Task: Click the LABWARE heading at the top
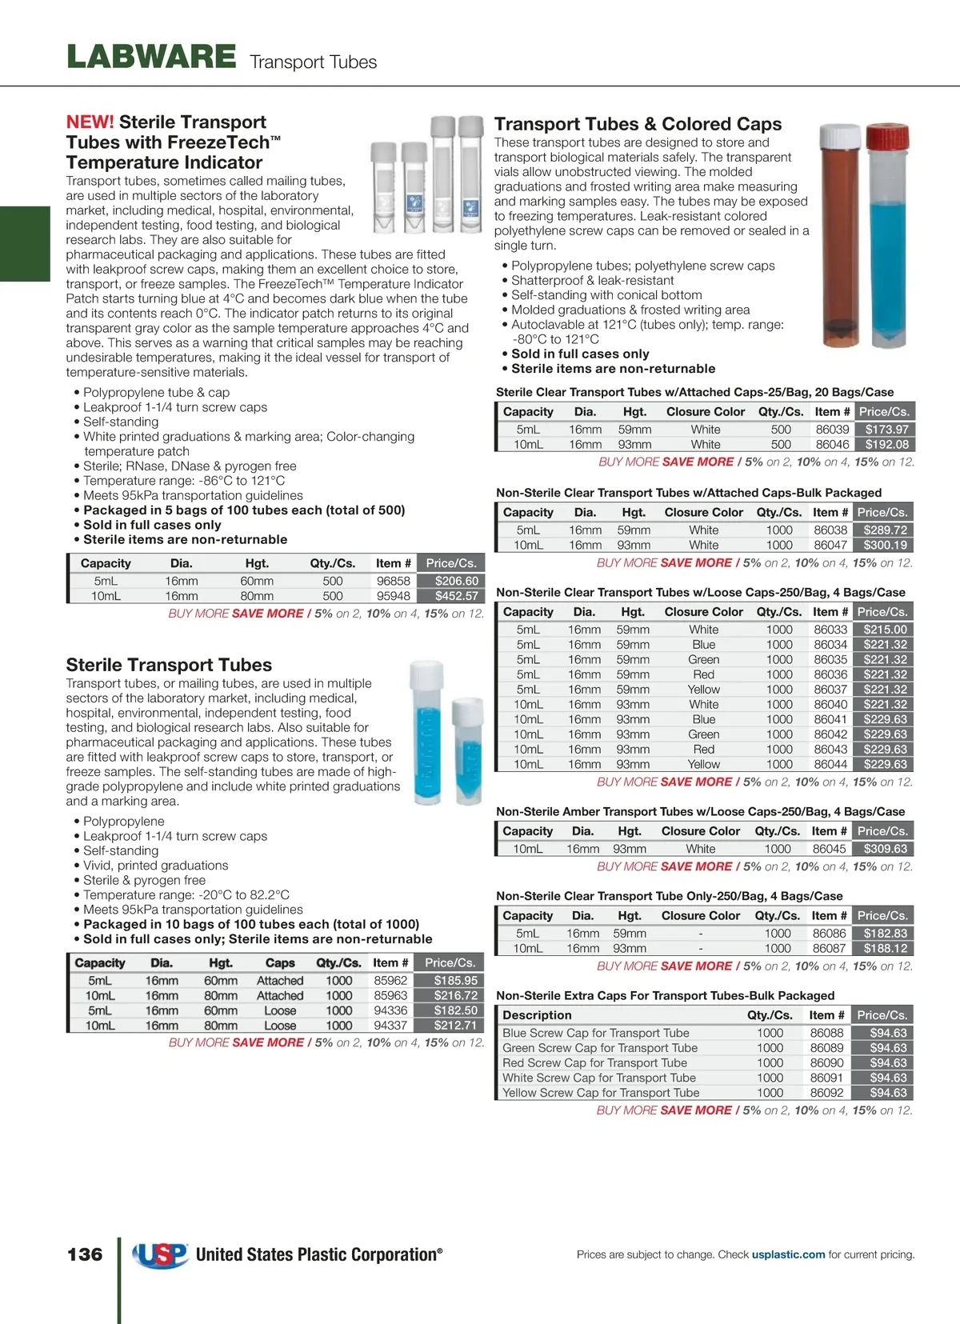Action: (x=151, y=57)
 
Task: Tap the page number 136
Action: (x=85, y=1254)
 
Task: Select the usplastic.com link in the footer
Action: (x=788, y=1254)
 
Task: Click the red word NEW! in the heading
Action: (x=90, y=122)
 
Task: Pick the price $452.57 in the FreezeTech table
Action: (x=456, y=596)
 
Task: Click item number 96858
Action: (x=393, y=581)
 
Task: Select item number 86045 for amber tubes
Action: (x=829, y=849)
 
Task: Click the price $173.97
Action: (x=886, y=430)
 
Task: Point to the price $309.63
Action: (x=885, y=849)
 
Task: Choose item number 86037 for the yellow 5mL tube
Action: (x=830, y=690)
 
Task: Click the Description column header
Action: (x=537, y=1015)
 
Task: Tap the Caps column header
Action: (x=280, y=963)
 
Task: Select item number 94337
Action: (x=390, y=1026)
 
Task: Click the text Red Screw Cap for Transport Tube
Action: (x=594, y=1063)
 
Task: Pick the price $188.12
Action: (x=885, y=949)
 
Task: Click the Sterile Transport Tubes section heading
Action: (x=169, y=665)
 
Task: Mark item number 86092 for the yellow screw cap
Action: (x=826, y=1093)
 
